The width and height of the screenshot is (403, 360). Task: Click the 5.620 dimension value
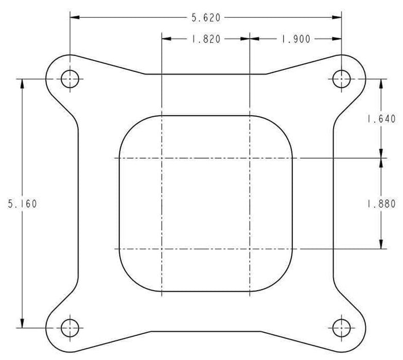[x=206, y=18]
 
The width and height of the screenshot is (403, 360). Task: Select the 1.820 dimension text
[x=206, y=39]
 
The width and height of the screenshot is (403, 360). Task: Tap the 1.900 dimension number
[x=295, y=39]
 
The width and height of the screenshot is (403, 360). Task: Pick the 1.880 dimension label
[x=381, y=203]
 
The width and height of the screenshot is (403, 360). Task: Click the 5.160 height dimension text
[x=22, y=203]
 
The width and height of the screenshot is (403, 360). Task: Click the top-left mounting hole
[x=71, y=79]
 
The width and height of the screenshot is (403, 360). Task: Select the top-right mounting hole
[x=341, y=79]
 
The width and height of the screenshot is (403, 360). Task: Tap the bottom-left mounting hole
[x=71, y=327]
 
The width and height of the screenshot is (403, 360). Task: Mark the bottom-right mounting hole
[x=341, y=327]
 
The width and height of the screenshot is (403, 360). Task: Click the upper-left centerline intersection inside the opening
[x=162, y=157]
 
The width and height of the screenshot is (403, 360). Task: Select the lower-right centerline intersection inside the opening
[x=250, y=249]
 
